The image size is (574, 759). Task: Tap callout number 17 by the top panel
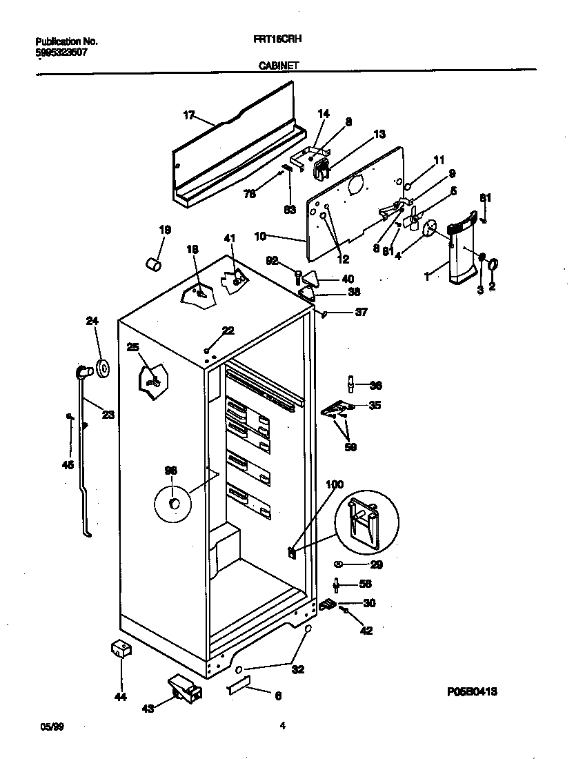point(189,115)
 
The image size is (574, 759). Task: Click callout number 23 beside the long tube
point(108,415)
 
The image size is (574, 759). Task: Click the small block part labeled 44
point(121,649)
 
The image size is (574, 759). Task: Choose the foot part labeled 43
point(184,688)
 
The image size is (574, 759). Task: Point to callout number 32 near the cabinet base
point(299,669)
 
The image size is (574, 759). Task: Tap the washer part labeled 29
point(339,564)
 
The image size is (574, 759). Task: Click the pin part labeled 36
point(351,383)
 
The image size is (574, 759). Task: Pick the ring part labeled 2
point(493,264)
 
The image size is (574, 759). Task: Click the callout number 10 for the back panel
point(260,235)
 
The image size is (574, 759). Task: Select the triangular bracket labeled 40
point(311,279)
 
